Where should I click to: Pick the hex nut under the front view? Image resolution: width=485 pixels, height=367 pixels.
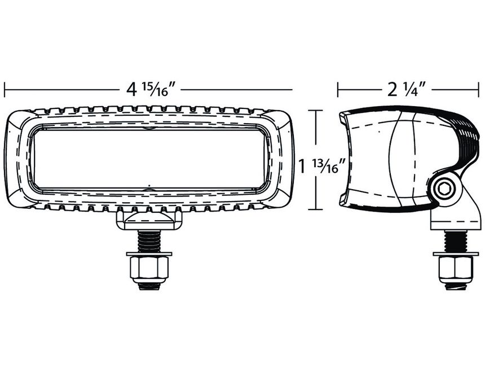click(149, 267)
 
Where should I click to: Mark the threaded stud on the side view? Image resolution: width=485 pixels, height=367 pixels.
click(455, 241)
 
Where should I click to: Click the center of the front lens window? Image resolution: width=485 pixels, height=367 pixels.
click(149, 159)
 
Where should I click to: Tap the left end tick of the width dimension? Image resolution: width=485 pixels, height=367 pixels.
click(5, 89)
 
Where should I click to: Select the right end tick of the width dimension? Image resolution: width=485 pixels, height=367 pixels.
click(292, 89)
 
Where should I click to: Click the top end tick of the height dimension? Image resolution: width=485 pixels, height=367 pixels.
click(315, 111)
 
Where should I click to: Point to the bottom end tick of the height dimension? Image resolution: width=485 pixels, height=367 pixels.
click(315, 209)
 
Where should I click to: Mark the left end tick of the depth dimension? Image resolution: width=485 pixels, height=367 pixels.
click(338, 89)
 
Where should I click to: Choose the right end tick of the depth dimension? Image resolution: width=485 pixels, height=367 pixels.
click(479, 89)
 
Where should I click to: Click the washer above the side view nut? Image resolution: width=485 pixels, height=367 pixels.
click(455, 254)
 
